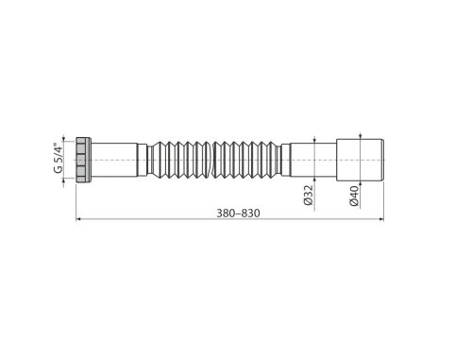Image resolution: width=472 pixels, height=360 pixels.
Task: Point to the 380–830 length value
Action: [236, 213]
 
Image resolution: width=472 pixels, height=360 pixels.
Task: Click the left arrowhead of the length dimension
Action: [79, 220]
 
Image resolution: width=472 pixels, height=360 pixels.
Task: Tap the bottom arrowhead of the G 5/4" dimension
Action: [67, 183]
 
